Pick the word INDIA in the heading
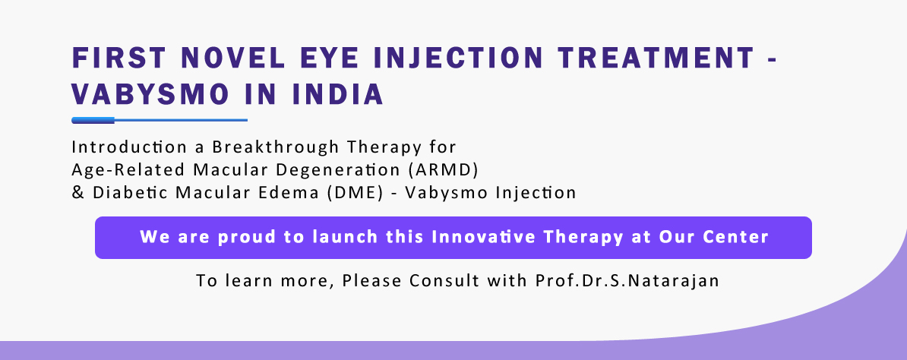click(x=338, y=94)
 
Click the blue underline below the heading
click(x=160, y=121)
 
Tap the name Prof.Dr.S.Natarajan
click(x=627, y=281)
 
